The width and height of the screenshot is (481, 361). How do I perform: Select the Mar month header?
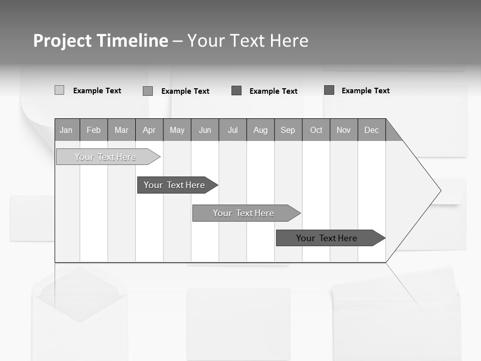tap(121, 130)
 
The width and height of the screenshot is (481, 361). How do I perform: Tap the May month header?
tap(177, 130)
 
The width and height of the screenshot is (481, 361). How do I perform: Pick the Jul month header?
tap(232, 130)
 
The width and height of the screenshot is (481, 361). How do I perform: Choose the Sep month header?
tap(288, 130)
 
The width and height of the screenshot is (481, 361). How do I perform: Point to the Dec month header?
tap(371, 130)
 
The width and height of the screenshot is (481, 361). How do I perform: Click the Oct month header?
tap(316, 130)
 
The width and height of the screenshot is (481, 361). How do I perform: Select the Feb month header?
tap(94, 130)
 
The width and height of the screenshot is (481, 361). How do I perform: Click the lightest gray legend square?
tap(59, 90)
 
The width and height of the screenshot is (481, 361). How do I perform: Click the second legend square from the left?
tap(148, 91)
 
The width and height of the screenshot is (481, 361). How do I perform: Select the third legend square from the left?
tap(236, 91)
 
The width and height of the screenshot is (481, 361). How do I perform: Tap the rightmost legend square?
tap(329, 90)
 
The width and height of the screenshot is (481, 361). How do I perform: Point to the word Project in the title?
tap(62, 41)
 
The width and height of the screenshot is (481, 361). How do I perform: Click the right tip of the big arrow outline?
tap(440, 191)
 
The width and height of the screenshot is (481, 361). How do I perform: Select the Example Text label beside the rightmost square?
tap(365, 91)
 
